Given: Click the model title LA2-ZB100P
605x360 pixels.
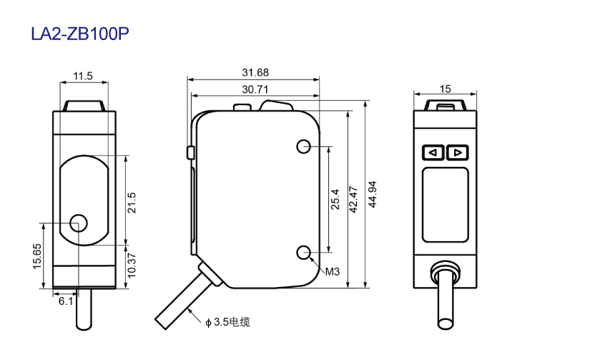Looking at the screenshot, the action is pos(80,34).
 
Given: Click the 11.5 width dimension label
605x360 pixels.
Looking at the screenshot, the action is pos(83,76).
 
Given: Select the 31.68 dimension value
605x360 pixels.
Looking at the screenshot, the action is pos(255,72).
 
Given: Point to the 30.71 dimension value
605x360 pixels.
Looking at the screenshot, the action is pos(255,89).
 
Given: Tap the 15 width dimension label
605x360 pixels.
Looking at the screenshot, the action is pos(445,89).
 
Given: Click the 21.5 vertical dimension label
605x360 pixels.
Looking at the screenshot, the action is pos(132,203).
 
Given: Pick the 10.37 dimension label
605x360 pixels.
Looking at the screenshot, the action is pos(132,266).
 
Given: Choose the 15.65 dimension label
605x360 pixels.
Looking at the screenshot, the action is pos(37,256).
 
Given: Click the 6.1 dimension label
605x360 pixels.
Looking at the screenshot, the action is pos(66,301).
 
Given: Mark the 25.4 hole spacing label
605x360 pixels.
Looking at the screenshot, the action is pos(335,199).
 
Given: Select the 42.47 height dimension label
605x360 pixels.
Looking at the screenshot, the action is pos(353,200).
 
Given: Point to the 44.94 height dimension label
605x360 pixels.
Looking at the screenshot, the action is pos(373,194).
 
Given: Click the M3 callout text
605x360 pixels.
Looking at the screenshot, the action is pos(333,272).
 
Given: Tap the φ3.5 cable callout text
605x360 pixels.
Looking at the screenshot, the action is pos(227,322).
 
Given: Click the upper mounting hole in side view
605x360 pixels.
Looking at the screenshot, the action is pos(304,147).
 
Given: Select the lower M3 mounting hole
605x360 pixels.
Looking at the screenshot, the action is pos(304,252).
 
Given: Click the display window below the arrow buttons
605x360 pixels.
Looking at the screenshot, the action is pos(446,205).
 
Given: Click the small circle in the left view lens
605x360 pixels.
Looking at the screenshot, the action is pos(79,223).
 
